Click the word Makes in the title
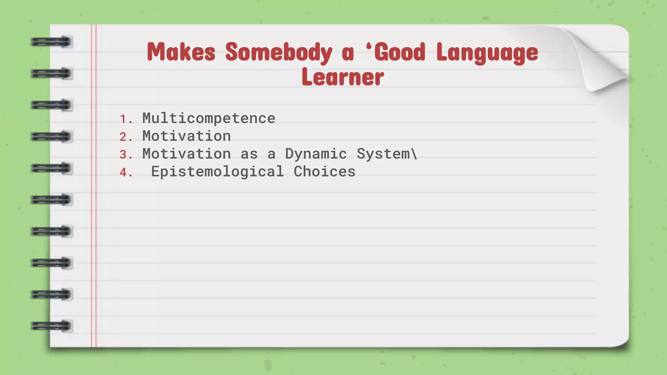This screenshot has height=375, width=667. coord(181,52)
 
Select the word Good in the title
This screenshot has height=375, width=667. coord(400,52)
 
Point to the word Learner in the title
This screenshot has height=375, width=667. coord(343,77)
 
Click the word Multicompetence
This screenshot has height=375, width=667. coord(209,118)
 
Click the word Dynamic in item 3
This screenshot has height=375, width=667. coord(316,154)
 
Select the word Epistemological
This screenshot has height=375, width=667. coord(217,172)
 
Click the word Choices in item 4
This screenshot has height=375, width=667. coord(324,172)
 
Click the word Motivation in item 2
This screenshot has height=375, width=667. coord(187,136)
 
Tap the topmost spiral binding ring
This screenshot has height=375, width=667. coord(51,42)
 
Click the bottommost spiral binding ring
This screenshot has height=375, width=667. coord(51,326)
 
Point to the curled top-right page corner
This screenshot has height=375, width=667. coord(603,65)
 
